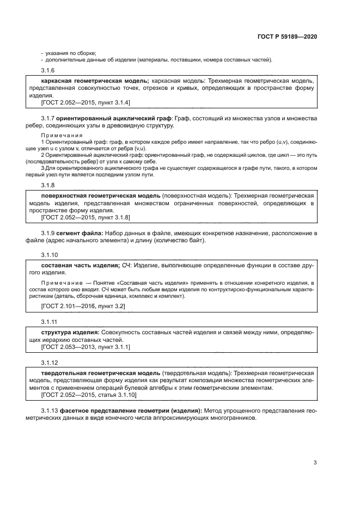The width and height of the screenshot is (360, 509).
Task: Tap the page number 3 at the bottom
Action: (x=315, y=463)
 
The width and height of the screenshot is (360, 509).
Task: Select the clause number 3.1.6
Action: (x=48, y=71)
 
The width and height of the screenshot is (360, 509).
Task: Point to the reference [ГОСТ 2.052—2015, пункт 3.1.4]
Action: (x=85, y=102)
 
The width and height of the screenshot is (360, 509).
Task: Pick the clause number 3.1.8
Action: (x=48, y=185)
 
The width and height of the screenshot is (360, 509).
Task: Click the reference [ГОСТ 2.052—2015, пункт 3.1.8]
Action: (x=85, y=217)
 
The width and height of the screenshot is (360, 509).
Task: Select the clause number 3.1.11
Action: (x=50, y=322)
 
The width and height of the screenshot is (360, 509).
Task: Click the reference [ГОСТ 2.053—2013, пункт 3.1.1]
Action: (x=85, y=346)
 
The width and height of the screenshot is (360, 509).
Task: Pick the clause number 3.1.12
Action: (x=50, y=363)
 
